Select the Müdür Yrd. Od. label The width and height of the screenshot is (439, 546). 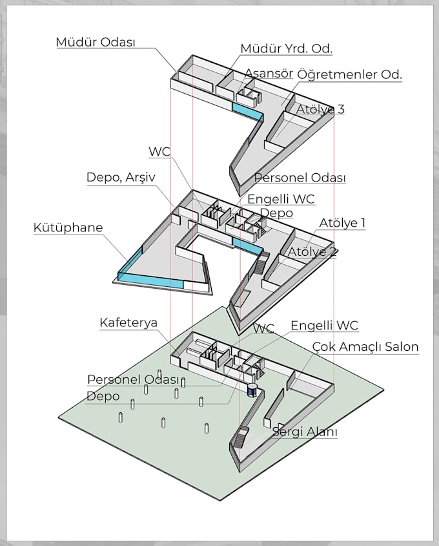click(287, 48)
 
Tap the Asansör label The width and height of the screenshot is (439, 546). click(269, 72)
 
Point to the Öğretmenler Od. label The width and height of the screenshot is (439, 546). click(349, 74)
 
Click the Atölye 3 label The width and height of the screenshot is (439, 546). click(320, 109)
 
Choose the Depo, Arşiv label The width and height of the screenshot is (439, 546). click(121, 177)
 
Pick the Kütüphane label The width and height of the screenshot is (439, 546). click(68, 227)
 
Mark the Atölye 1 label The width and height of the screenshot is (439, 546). click(342, 223)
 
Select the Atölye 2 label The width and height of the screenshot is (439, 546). click(312, 251)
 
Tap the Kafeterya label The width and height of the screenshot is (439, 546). click(128, 322)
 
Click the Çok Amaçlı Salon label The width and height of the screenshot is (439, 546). click(365, 347)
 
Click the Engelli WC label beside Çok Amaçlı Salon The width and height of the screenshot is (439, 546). click(324, 326)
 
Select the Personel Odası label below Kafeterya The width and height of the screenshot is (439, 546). click(133, 379)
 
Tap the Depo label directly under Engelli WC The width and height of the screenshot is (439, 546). click(276, 213)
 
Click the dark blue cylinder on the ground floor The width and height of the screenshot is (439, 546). click(252, 390)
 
